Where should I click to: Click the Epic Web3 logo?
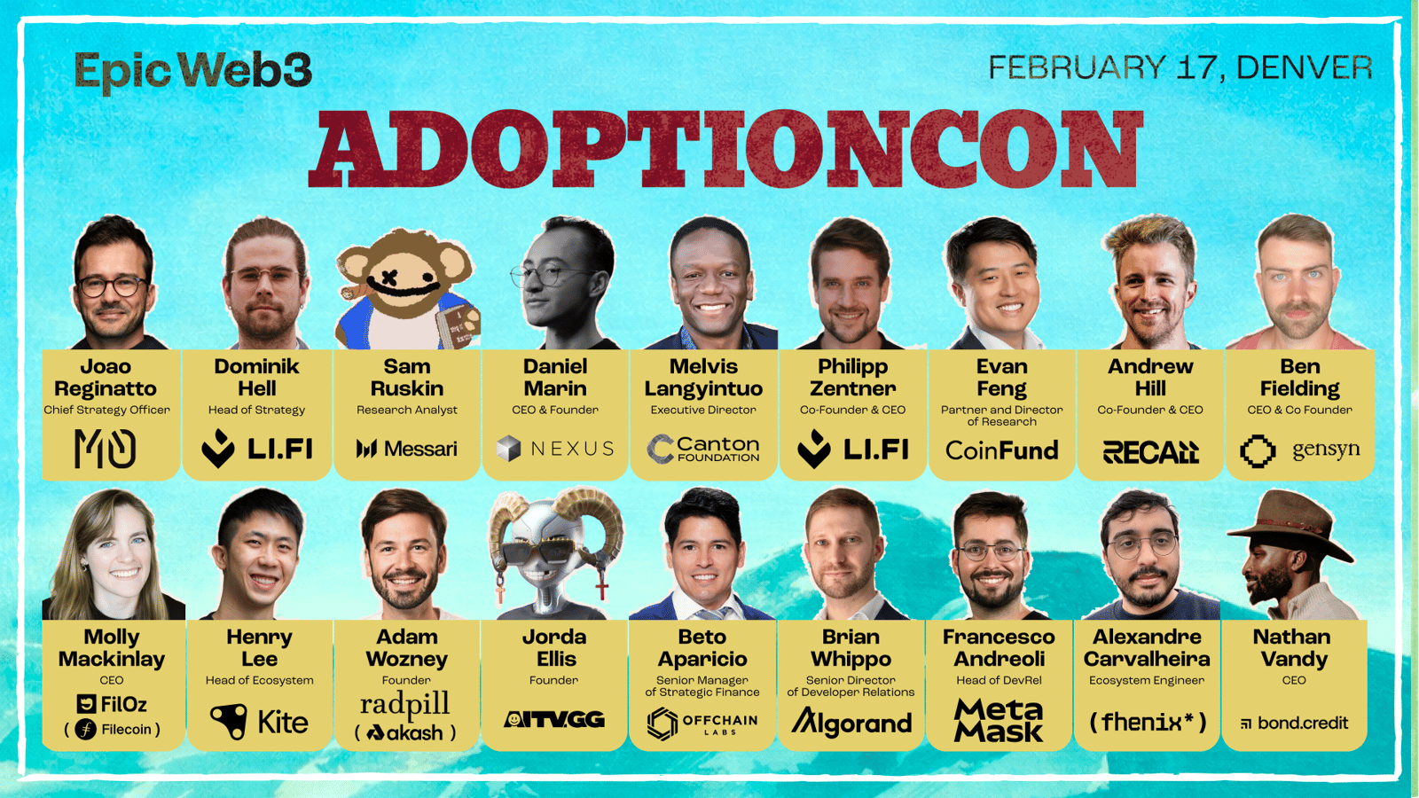(193, 72)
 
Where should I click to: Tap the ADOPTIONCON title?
(726, 150)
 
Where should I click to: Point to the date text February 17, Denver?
(1180, 67)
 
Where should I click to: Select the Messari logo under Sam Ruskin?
(407, 449)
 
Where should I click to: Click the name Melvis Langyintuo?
(703, 378)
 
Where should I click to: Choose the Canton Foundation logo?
(703, 449)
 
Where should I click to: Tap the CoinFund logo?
(1001, 450)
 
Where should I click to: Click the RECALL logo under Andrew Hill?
(1150, 451)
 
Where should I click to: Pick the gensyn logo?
(1299, 451)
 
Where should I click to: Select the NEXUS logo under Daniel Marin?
(555, 449)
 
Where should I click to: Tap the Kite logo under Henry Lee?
(259, 722)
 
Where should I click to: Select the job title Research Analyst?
(407, 410)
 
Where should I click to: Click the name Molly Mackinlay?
(112, 648)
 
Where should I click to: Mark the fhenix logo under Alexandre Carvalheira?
(1148, 722)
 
